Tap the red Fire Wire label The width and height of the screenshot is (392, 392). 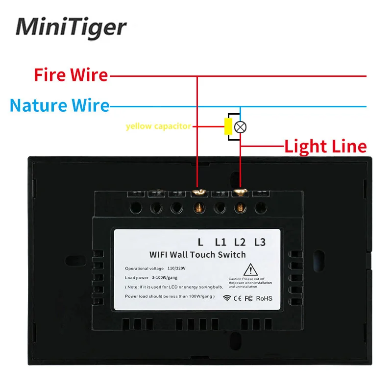click(x=71, y=75)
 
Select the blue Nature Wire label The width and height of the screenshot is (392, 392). click(x=59, y=105)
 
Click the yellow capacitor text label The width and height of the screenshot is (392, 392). click(x=158, y=126)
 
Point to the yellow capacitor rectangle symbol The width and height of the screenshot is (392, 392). click(x=228, y=126)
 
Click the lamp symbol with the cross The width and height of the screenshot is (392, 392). click(x=240, y=127)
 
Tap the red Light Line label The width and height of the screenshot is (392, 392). click(x=325, y=146)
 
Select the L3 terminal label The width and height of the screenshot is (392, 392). click(x=259, y=241)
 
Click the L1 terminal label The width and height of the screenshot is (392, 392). click(x=220, y=241)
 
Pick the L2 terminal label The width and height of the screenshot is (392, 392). click(x=239, y=241)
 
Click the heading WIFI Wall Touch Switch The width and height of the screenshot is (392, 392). click(x=197, y=254)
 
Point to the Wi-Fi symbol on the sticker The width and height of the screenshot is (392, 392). click(x=226, y=298)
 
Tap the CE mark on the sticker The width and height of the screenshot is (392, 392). click(x=237, y=298)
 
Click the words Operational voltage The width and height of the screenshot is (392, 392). click(x=145, y=269)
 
